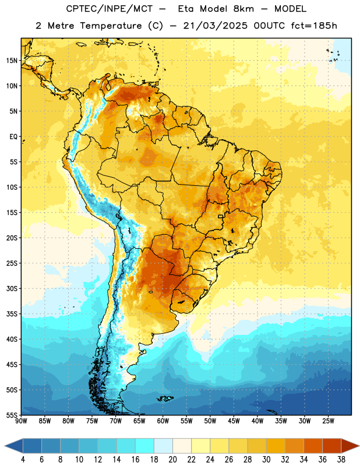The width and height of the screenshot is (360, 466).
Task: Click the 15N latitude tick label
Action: tap(12, 61)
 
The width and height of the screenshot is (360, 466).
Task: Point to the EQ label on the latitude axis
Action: tap(13, 137)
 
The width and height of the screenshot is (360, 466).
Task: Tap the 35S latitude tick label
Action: tap(12, 314)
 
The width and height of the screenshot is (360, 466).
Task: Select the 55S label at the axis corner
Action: tap(12, 415)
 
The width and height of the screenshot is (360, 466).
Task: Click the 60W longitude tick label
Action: tap(163, 421)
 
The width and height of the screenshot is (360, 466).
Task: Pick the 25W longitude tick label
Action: tap(328, 421)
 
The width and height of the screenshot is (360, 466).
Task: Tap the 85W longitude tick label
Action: tap(45, 421)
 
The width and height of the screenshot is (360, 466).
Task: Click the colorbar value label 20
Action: tap(172, 460)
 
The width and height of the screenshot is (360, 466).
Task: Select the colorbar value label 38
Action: tap(341, 460)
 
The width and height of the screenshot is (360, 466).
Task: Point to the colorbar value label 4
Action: tap(23, 460)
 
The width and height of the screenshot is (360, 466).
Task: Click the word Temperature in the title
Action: tap(111, 26)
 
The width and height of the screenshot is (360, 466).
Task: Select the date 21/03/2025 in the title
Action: tap(215, 26)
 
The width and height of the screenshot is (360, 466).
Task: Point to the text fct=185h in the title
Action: tap(314, 26)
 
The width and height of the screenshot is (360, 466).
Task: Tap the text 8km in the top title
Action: tap(243, 9)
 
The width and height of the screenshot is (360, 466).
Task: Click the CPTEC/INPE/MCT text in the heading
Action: tap(109, 9)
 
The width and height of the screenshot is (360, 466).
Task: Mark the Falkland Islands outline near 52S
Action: tap(165, 398)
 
